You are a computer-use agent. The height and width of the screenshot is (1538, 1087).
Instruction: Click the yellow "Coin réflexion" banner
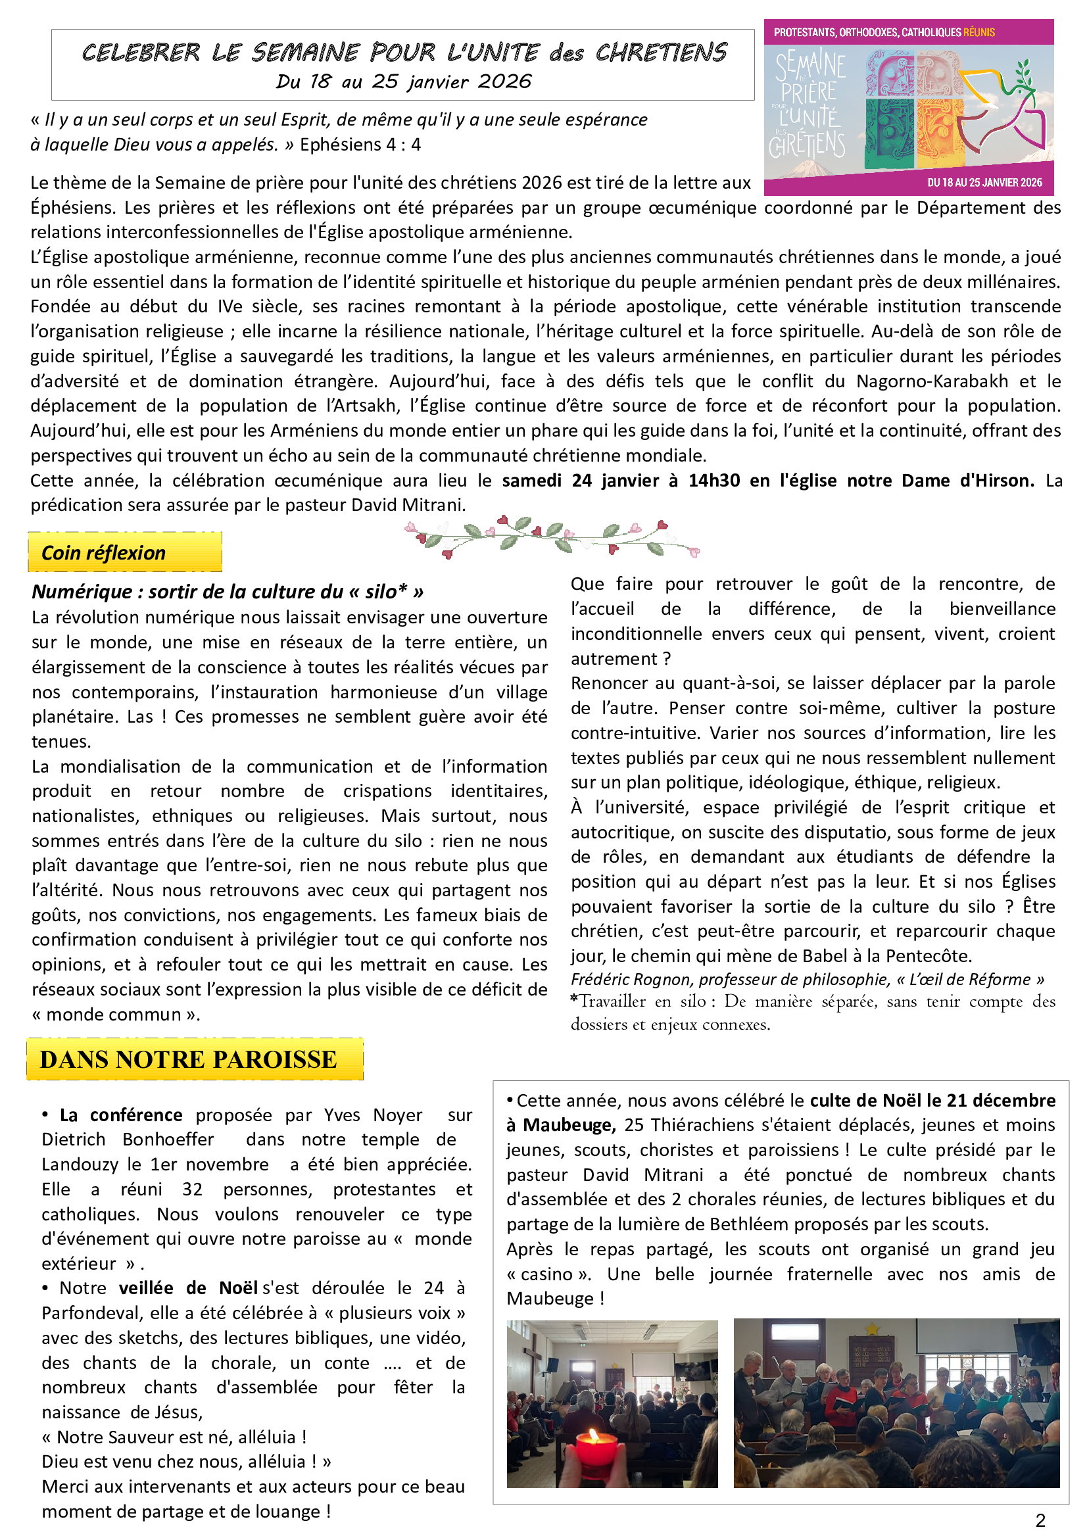pyautogui.click(x=124, y=552)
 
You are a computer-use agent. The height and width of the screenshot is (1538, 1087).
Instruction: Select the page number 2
pyautogui.click(x=1040, y=1520)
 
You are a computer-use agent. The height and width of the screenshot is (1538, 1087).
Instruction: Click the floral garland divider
pyautogui.click(x=552, y=537)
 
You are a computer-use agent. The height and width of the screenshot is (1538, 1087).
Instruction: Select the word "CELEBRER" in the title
pyautogui.click(x=141, y=52)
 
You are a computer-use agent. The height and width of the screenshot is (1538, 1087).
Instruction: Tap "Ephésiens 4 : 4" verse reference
pyautogui.click(x=360, y=145)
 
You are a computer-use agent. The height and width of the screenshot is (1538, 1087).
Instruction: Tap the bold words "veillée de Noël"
pyautogui.click(x=188, y=1288)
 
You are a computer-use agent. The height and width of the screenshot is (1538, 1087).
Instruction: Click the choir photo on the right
pyautogui.click(x=896, y=1403)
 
